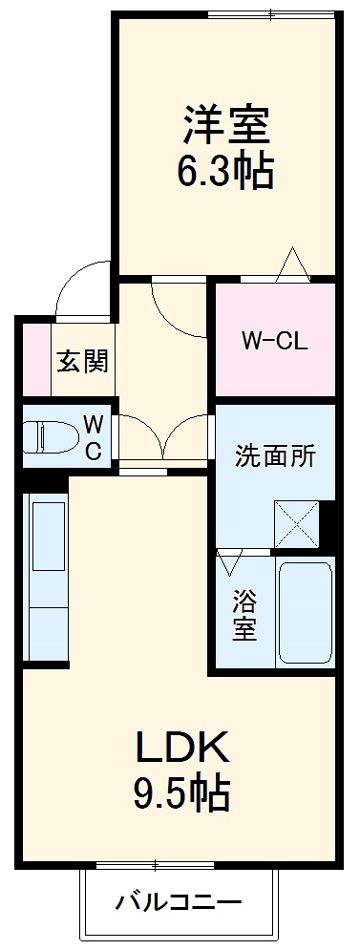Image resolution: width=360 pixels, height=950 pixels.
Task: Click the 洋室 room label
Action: [x=225, y=125]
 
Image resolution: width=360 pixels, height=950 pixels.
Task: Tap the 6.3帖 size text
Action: [x=225, y=172]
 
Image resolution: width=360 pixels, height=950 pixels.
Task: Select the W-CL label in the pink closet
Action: [x=274, y=341]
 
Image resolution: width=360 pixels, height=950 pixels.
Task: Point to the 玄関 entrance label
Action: [x=82, y=362]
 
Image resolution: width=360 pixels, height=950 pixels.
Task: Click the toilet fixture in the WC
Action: [x=53, y=436]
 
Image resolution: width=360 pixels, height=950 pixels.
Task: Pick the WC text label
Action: [x=94, y=437]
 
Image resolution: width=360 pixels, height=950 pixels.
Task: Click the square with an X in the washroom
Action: [x=295, y=523]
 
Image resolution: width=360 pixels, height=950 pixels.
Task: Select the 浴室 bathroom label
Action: [x=244, y=615]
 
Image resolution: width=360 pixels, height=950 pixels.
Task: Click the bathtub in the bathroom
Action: [x=304, y=614]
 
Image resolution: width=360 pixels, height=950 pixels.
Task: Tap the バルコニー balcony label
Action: [x=179, y=900]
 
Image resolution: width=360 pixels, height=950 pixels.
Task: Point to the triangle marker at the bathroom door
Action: [x=231, y=562]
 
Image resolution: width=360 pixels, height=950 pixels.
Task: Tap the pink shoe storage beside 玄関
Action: [x=34, y=362]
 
